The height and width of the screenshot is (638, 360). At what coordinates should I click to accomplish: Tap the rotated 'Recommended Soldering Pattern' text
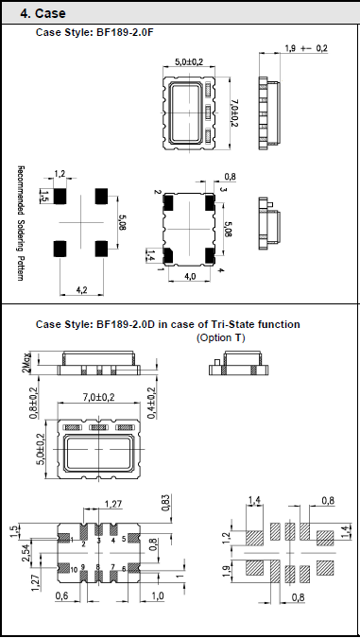[x=20, y=223]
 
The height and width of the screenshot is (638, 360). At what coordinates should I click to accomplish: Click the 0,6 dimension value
[x=61, y=595]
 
